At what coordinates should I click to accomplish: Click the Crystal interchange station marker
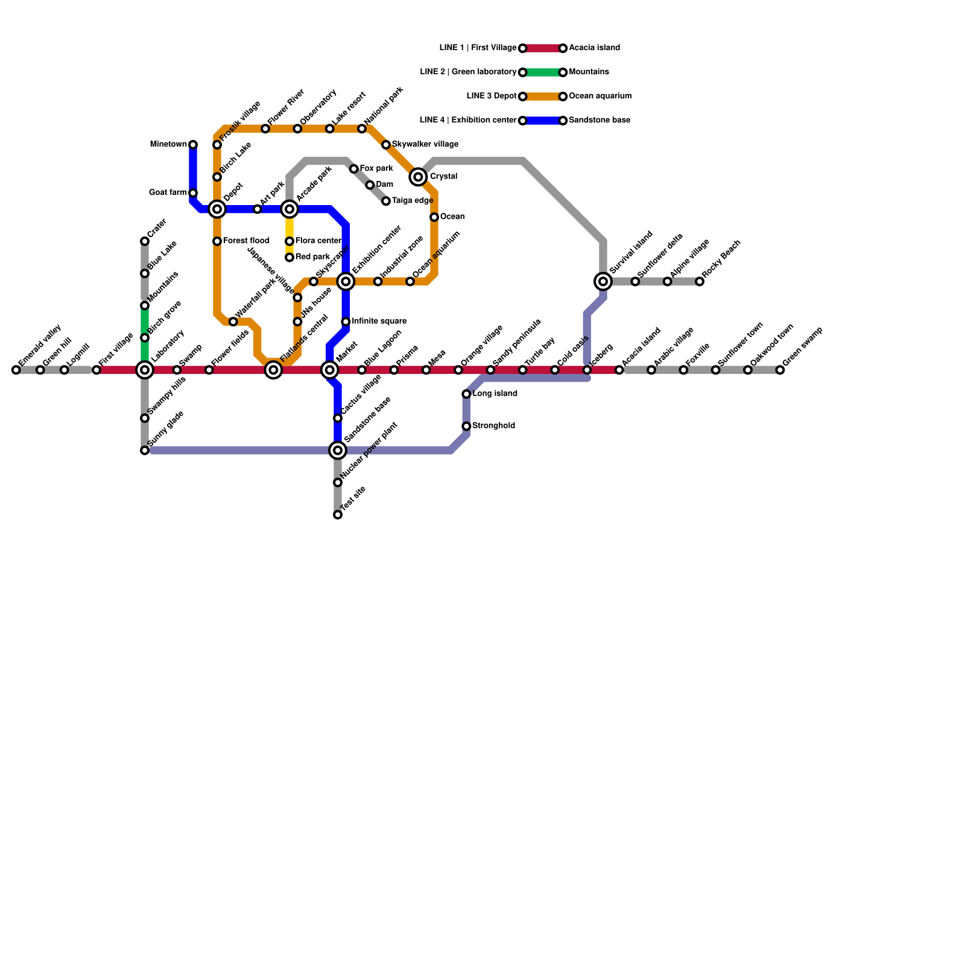pyautogui.click(x=418, y=177)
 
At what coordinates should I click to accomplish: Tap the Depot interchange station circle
pyautogui.click(x=217, y=209)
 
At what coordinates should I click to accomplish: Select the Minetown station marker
pyautogui.click(x=193, y=145)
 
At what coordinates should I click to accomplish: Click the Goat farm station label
pyautogui.click(x=168, y=193)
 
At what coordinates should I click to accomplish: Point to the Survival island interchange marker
pyautogui.click(x=603, y=281)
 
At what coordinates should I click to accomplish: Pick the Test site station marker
pyautogui.click(x=338, y=514)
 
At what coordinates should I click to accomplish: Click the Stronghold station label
pyautogui.click(x=493, y=426)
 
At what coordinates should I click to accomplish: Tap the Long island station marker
pyautogui.click(x=466, y=394)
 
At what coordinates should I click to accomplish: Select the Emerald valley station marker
pyautogui.click(x=16, y=370)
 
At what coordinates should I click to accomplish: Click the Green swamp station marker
pyautogui.click(x=780, y=370)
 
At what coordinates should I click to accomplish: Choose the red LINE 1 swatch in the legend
pyautogui.click(x=543, y=48)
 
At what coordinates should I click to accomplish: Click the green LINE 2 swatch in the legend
pyautogui.click(x=543, y=72)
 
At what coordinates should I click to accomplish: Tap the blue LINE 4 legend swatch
pyautogui.click(x=543, y=121)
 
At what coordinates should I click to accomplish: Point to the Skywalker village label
pyautogui.click(x=425, y=145)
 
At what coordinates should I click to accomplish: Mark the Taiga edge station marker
pyautogui.click(x=386, y=201)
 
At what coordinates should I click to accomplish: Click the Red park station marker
pyautogui.click(x=289, y=258)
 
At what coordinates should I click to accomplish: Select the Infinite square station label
pyautogui.click(x=379, y=321)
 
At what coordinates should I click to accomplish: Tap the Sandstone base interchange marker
pyautogui.click(x=338, y=450)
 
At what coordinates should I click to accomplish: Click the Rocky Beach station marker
pyautogui.click(x=700, y=281)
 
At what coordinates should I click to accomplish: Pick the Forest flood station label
pyautogui.click(x=245, y=241)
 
